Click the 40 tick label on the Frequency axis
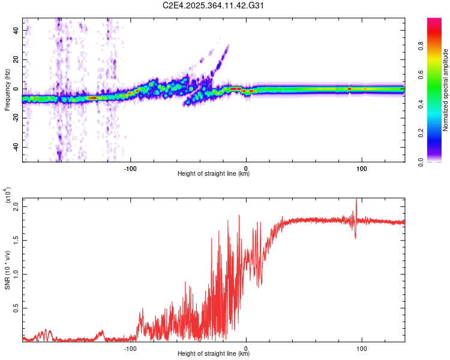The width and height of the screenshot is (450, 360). (x=16, y=30)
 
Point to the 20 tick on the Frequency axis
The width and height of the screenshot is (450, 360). (x=16, y=59)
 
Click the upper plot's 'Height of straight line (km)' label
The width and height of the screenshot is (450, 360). (x=214, y=174)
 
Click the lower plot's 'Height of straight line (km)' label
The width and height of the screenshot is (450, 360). (x=214, y=353)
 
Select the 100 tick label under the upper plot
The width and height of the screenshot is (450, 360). (x=361, y=169)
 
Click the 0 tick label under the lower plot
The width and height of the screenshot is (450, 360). (x=247, y=348)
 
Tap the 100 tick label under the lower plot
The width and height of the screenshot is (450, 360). (x=361, y=348)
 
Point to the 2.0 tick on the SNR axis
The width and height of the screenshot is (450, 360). (x=16, y=206)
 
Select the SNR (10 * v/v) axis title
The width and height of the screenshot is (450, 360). (x=7, y=270)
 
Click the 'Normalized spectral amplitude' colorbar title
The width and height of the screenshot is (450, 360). (x=445, y=90)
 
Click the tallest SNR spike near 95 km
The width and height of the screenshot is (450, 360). (x=356, y=200)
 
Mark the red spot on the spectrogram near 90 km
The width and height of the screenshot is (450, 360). (x=349, y=89)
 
